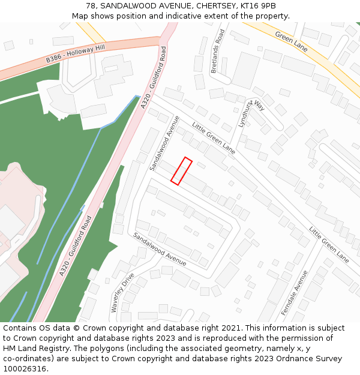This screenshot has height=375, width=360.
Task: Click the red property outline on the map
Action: pos(181,171)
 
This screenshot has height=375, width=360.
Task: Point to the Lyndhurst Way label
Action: pos(251,113)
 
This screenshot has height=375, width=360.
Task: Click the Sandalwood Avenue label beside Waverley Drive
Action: pos(160,250)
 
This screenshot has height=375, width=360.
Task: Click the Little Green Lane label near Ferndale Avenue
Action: pos(329,244)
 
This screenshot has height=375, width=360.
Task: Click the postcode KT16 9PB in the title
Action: pos(259,6)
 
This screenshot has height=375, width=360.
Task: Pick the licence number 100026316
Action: pos(25,369)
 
